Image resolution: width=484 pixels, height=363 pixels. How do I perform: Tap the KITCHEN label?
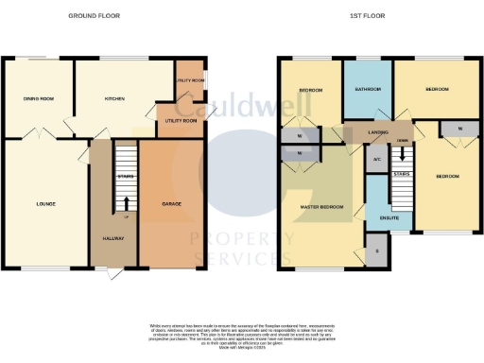(114, 97)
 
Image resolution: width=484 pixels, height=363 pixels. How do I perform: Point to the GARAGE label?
(171, 204)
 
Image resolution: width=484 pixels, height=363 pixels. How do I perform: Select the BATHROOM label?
(368, 90)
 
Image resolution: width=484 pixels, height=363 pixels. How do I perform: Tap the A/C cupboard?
(377, 160)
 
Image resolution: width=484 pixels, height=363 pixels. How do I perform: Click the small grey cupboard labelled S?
(378, 251)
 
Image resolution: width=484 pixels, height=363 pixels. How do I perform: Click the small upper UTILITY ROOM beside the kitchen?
(189, 82)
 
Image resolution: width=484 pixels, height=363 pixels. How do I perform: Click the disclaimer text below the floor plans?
(242, 333)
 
